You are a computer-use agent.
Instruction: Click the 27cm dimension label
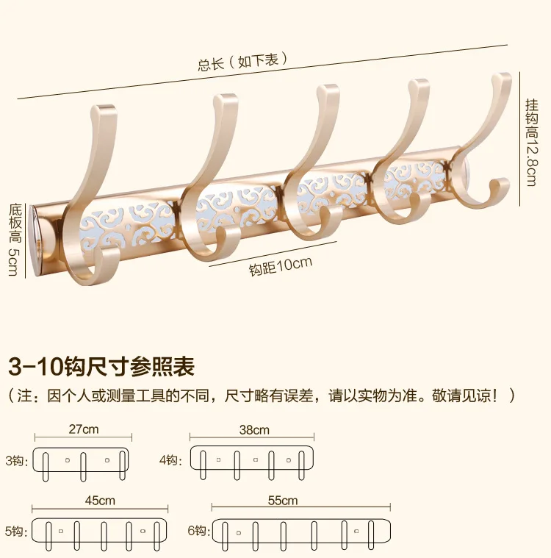click(x=83, y=429)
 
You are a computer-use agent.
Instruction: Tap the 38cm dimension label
click(x=254, y=429)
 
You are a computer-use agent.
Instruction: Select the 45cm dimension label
click(x=100, y=501)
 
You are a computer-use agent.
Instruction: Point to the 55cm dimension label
click(x=282, y=501)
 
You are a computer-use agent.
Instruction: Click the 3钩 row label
click(x=16, y=460)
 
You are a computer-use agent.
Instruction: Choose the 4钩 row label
click(x=170, y=459)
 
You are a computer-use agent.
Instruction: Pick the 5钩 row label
click(x=16, y=532)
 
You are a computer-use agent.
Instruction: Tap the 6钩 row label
click(x=199, y=531)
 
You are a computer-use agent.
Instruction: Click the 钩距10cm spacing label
click(x=281, y=265)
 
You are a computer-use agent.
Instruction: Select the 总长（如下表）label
click(x=242, y=61)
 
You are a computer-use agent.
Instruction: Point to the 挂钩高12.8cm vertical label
click(x=532, y=143)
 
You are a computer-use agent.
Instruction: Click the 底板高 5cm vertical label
click(x=15, y=240)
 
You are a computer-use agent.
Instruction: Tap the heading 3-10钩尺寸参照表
click(x=101, y=366)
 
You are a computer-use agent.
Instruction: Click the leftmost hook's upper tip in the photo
click(x=104, y=107)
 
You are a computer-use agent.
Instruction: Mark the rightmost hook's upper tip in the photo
click(x=502, y=76)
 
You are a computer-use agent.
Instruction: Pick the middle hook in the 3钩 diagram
click(x=83, y=467)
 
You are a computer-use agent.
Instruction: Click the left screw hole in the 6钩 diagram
click(x=239, y=533)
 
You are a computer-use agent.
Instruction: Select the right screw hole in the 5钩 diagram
click(x=143, y=531)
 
